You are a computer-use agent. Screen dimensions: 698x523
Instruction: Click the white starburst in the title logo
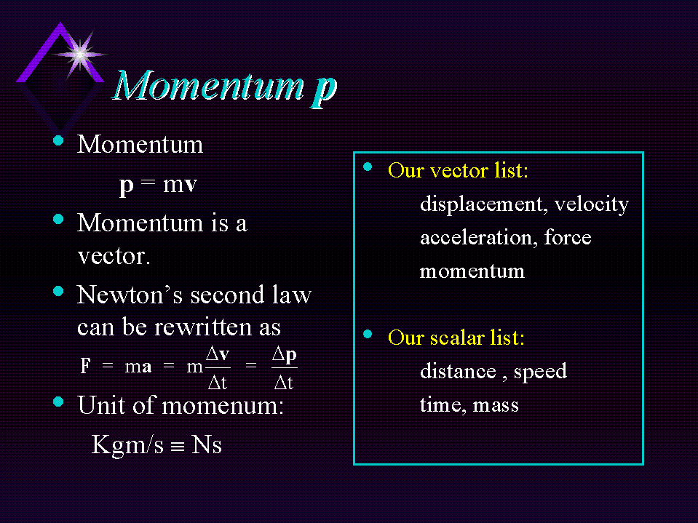point(79,55)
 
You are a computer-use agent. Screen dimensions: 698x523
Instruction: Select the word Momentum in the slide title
point(209,85)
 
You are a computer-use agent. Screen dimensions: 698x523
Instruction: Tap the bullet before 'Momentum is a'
point(58,219)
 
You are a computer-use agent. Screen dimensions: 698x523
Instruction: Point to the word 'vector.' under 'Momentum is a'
point(114,257)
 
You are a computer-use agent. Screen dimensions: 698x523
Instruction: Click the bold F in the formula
point(85,366)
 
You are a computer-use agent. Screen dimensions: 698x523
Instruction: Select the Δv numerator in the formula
point(218,354)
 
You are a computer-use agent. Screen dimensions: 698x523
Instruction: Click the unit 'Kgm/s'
point(127,444)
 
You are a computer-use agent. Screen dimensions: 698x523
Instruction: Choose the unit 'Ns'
point(207,444)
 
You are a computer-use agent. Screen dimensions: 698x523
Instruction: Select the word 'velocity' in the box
point(592,204)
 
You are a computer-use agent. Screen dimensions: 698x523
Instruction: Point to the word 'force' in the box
point(568,237)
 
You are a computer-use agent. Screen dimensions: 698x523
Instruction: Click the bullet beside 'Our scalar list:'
point(368,335)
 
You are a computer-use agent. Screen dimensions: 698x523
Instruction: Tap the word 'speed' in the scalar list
point(540,372)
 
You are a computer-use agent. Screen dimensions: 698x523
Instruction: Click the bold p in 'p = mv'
point(127,185)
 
